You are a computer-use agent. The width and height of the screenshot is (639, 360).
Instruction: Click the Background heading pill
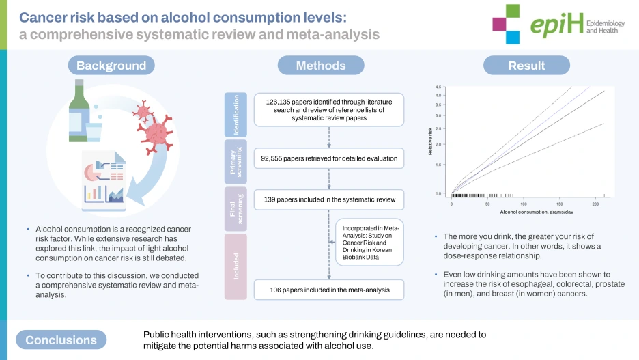(x=111, y=66)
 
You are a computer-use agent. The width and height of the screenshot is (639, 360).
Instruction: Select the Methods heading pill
(x=320, y=66)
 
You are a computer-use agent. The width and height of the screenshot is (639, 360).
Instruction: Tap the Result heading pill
(x=526, y=66)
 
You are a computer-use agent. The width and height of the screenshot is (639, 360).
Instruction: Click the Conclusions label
(x=61, y=340)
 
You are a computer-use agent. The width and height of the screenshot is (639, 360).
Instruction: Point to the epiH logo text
(x=557, y=25)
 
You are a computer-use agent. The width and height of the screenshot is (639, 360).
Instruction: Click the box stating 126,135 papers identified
(x=328, y=109)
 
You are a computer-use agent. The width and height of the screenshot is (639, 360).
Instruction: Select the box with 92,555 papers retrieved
(x=328, y=158)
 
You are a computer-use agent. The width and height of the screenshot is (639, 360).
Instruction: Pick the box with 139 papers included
(x=328, y=200)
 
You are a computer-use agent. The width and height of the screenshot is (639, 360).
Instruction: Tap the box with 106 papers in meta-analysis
(x=328, y=289)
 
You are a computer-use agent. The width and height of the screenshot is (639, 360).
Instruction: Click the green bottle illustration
(x=78, y=109)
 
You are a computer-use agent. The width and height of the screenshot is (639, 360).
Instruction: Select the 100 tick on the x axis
(x=523, y=204)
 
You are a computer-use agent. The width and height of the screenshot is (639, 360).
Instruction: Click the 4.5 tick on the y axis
(x=438, y=87)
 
